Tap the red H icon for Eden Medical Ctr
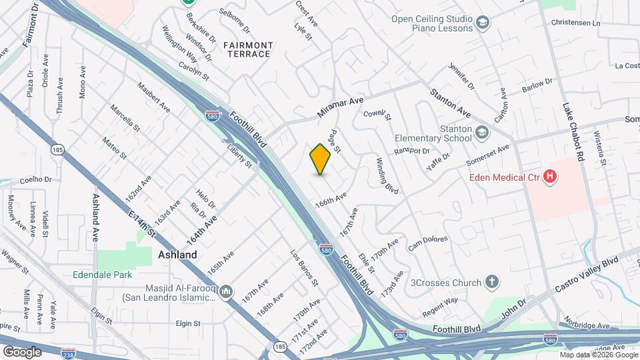coord(550,177)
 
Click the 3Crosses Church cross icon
coord(492,282)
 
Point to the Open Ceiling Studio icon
coord(481,25)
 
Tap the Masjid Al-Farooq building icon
coord(226,292)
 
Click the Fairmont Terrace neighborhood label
coord(248,49)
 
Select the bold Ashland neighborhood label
coord(177,255)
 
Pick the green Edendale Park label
coord(103,275)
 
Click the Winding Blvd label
coord(387,175)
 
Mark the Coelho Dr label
coord(35,179)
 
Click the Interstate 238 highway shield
coord(68,352)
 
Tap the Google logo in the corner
coord(21,351)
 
